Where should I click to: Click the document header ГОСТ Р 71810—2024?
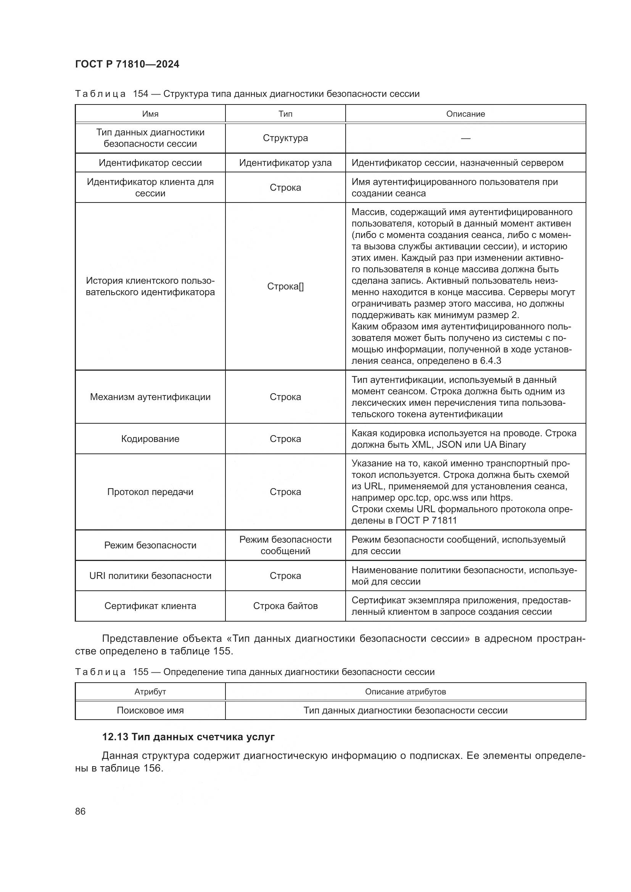point(127,64)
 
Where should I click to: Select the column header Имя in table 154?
point(150,114)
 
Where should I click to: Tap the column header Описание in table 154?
point(465,114)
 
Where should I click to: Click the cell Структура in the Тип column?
point(285,138)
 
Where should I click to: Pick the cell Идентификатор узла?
point(285,163)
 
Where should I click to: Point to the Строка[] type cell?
point(285,286)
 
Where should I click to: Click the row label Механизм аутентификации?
point(150,397)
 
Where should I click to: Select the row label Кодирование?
point(150,439)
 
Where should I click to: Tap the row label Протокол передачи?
point(150,492)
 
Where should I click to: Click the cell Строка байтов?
point(285,606)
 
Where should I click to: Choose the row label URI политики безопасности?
point(150,575)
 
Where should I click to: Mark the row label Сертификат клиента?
point(150,606)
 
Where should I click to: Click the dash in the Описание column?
point(465,138)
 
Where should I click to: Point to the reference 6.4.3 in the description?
point(490,361)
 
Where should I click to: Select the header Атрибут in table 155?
point(150,691)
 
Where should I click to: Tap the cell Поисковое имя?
point(150,710)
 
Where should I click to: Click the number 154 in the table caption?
point(141,94)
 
